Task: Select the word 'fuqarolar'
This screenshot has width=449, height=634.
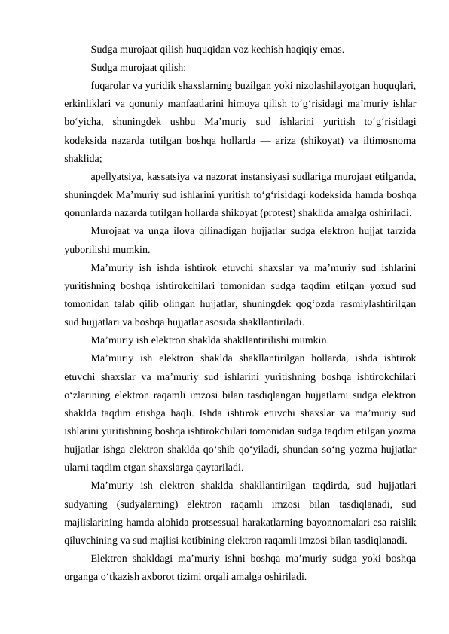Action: click(x=110, y=86)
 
